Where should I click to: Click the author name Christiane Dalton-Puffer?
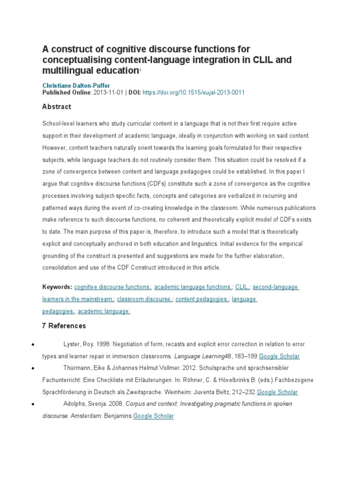[76, 86]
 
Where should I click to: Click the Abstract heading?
[57, 107]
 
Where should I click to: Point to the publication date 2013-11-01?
[107, 93]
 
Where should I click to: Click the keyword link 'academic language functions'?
[193, 287]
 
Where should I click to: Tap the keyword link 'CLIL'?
[242, 287]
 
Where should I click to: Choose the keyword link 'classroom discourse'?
[144, 299]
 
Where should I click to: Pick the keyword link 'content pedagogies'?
[202, 299]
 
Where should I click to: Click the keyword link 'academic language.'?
[104, 311]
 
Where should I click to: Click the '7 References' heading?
[64, 326]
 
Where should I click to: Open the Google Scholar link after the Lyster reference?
[279, 356]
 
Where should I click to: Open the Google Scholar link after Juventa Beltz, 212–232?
[277, 392]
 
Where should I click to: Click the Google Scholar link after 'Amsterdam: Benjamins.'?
[153, 416]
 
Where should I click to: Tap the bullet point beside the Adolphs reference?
[30, 404]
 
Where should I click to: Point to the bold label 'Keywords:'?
[57, 287]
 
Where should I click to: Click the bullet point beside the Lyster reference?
[30, 345]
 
